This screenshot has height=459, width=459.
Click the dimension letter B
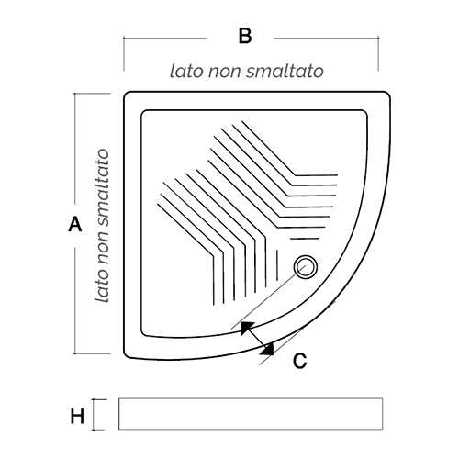pyautogui.click(x=245, y=36)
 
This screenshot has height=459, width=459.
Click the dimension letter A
pyautogui.click(x=75, y=224)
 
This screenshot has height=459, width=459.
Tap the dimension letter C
pyautogui.click(x=299, y=361)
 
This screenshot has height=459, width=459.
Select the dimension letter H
pyautogui.click(x=77, y=416)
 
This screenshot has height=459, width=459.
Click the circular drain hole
pyautogui.click(x=306, y=267)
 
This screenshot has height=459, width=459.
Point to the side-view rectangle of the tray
pyautogui.click(x=251, y=414)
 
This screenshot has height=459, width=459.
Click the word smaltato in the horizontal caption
pyautogui.click(x=285, y=71)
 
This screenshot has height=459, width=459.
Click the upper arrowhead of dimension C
pyautogui.click(x=246, y=328)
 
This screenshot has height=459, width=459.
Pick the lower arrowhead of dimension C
pyautogui.click(x=268, y=350)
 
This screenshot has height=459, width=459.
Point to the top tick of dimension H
pyautogui.click(x=99, y=399)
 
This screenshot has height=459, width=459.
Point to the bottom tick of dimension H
pyautogui.click(x=98, y=430)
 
